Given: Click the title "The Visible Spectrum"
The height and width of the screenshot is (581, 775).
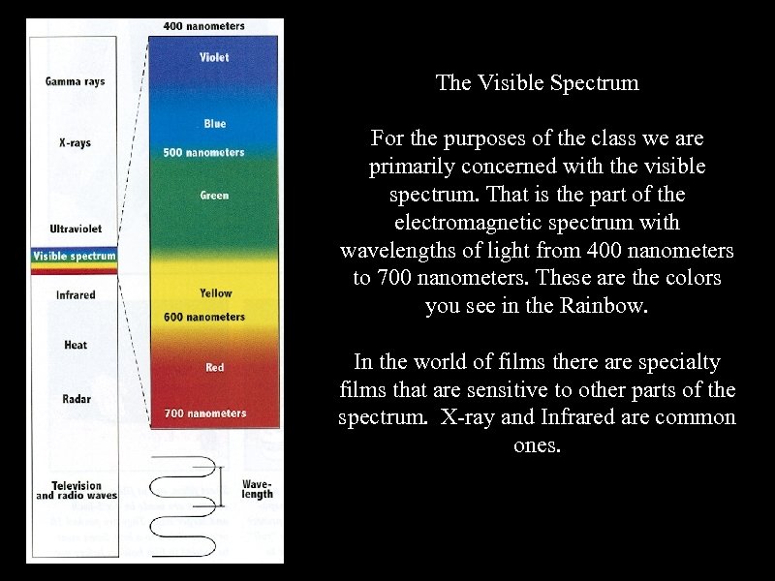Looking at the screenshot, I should [x=537, y=83].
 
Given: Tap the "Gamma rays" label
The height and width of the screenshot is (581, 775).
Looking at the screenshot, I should [x=75, y=81].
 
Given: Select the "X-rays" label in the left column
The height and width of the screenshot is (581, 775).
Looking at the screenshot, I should [x=75, y=142].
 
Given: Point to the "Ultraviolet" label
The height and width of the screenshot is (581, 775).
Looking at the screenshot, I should [x=76, y=229].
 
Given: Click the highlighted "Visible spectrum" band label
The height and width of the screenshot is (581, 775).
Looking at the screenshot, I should [x=74, y=257].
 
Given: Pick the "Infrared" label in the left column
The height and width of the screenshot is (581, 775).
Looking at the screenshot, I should [x=76, y=294].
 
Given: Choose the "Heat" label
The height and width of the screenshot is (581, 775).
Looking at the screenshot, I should [x=76, y=345].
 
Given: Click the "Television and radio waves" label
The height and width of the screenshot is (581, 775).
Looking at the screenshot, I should [x=77, y=491].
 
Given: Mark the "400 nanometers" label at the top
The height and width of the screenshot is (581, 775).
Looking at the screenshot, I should [x=203, y=26].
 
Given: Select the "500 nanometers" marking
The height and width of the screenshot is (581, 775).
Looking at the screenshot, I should [x=203, y=152].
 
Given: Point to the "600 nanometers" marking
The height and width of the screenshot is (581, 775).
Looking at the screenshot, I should [x=204, y=317].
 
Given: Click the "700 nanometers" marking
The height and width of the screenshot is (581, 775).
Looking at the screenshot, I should [x=204, y=413].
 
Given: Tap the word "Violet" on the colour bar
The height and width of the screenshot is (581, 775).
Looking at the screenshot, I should [x=214, y=57].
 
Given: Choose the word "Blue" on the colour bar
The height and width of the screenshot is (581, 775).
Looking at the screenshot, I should [x=215, y=124].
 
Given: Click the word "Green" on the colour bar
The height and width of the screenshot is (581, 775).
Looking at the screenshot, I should [x=214, y=196].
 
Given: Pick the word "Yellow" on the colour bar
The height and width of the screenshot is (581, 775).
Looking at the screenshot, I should [x=215, y=292].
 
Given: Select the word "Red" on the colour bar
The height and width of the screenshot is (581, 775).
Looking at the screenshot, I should [x=215, y=367].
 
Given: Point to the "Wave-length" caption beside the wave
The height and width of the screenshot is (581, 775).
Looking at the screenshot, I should [x=257, y=488].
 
